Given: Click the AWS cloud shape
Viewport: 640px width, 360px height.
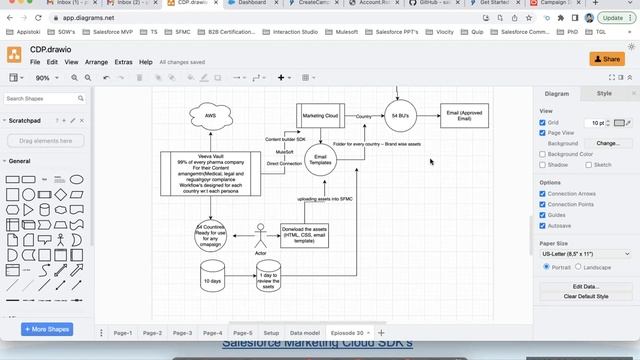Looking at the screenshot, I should [x=211, y=116].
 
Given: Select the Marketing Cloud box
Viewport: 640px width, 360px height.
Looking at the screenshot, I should [x=320, y=115].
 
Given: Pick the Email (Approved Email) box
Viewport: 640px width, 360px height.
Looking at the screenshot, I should [x=465, y=116].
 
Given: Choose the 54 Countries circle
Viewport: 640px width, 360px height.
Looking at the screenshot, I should [x=210, y=235].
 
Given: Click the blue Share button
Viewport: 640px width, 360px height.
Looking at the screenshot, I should [x=607, y=59].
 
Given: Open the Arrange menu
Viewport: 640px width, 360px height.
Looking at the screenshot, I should [x=97, y=62].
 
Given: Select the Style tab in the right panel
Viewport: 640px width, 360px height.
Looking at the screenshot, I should [x=604, y=93].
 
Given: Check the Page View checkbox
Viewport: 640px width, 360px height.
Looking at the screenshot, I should [x=543, y=133].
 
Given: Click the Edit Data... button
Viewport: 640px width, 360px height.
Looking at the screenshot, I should [x=584, y=286].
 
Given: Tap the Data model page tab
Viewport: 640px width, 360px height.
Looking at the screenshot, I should [x=305, y=332].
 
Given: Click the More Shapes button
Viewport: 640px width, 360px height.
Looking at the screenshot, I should [x=48, y=329].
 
